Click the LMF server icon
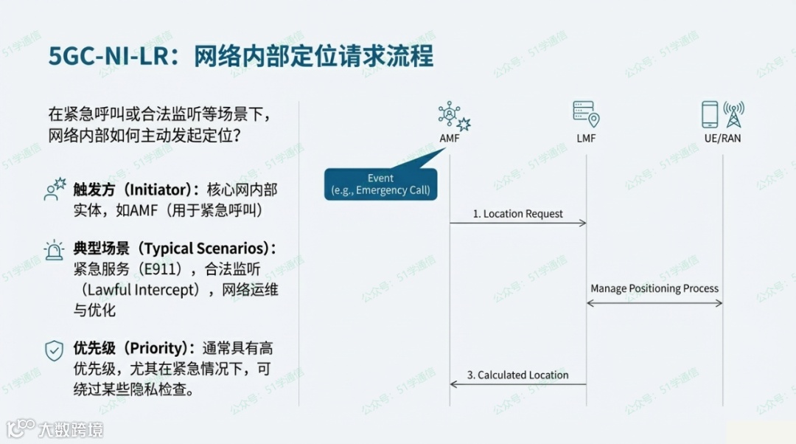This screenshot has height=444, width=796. (586, 114)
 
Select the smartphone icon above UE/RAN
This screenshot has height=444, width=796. (709, 114)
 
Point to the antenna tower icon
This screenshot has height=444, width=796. (733, 114)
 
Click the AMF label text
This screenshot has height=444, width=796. (450, 138)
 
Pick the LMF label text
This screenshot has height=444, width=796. (587, 138)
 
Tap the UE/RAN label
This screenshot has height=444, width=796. (722, 138)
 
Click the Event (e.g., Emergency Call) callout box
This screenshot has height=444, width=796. (380, 184)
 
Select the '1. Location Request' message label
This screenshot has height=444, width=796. (517, 214)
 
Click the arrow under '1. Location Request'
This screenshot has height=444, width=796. (517, 223)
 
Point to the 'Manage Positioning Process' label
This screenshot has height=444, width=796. (654, 288)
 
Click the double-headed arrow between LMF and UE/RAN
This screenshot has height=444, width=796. (654, 303)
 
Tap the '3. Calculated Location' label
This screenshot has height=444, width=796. (517, 375)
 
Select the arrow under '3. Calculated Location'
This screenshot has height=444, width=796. (517, 384)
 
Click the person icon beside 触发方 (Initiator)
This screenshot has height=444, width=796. (55, 190)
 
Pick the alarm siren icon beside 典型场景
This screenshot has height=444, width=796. (54, 249)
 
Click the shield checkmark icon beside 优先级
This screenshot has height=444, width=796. (54, 350)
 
